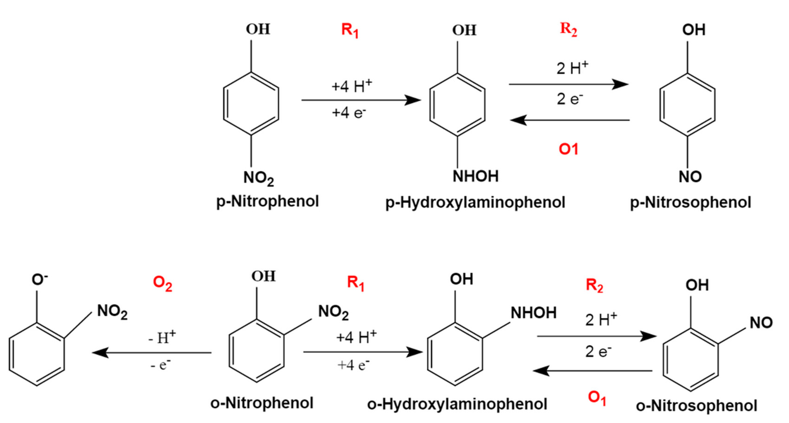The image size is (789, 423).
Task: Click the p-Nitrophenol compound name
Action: [x=267, y=202]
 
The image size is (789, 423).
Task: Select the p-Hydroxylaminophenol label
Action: [x=475, y=202]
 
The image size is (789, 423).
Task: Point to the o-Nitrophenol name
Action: [x=262, y=403]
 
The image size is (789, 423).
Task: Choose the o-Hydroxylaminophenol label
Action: [x=457, y=404]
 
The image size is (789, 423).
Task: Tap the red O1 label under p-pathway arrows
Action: [x=568, y=149]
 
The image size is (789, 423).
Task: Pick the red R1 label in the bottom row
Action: [x=356, y=283]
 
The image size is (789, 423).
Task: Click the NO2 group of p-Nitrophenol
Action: [x=258, y=178]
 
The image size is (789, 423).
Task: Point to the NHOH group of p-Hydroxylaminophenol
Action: [x=475, y=176]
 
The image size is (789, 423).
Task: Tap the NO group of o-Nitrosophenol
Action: [x=761, y=323]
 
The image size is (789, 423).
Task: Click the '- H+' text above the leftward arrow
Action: [x=162, y=338]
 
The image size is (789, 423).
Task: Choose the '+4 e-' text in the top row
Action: [x=349, y=113]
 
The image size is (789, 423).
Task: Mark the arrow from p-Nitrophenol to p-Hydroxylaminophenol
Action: [x=360, y=100]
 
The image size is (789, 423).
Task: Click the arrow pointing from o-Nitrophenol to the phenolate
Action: [x=152, y=353]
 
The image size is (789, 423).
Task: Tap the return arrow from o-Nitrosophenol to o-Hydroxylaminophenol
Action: [x=593, y=371]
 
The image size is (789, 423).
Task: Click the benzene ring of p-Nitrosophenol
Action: [x=687, y=104]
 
